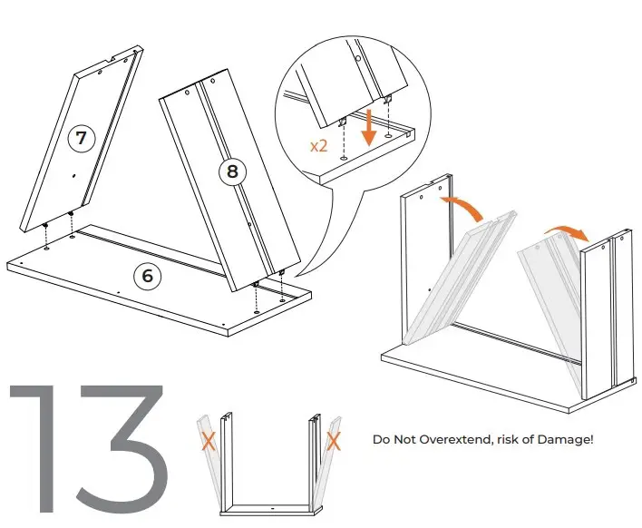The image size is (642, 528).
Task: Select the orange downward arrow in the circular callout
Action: coord(369,123)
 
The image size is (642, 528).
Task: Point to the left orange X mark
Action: coord(207,442)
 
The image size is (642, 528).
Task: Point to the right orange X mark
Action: coord(333,442)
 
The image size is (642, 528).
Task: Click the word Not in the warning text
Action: coord(407,440)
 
